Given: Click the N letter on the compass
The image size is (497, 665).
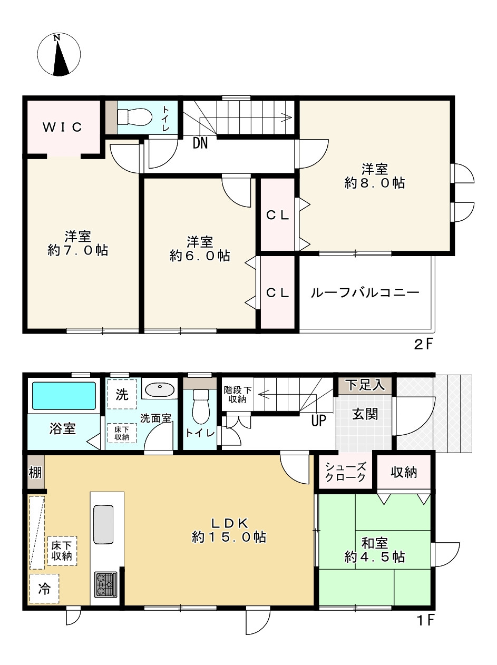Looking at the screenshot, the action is point(57,38).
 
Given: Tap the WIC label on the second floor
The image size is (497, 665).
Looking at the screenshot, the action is point(62,127).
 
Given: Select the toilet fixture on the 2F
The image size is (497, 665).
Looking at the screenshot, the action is point(134,116).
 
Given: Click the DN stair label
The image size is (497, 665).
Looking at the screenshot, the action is point(200,143).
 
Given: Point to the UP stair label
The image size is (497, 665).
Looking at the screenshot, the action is point(318,420).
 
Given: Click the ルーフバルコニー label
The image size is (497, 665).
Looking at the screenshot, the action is point(365,292).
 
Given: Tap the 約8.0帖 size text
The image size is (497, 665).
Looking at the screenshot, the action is point(375,183).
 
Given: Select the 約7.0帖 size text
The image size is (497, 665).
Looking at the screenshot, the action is point(77,250).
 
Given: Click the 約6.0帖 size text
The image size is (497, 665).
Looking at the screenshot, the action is point(200,256).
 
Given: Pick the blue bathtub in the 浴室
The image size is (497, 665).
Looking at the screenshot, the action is point(64,396).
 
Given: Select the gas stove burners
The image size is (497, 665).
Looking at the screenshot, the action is point(105,584).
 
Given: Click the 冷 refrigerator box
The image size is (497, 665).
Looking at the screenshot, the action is point(44,589).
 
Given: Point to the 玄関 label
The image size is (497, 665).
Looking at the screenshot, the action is point(365,414).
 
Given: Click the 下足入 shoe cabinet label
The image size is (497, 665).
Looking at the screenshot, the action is point(365,385).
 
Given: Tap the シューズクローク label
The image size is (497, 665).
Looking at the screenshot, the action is point(346,472).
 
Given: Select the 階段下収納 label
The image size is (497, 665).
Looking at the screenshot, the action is point(237,395).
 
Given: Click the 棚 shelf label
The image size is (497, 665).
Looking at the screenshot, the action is point(35,472).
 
